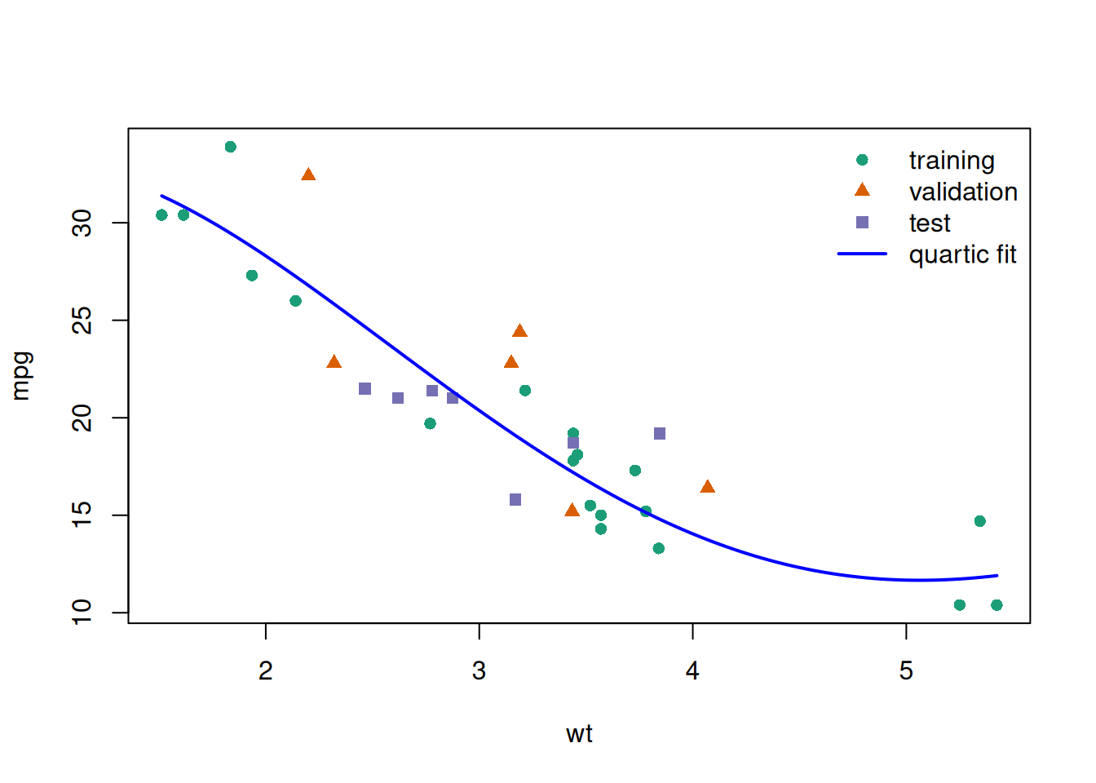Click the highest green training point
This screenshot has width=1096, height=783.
click(231, 147)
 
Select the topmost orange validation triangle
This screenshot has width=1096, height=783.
click(308, 175)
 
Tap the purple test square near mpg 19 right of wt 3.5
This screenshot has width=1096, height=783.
click(660, 433)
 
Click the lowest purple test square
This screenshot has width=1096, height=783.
click(515, 499)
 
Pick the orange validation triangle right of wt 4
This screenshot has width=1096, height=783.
click(707, 487)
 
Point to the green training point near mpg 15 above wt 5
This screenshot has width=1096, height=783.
click(979, 521)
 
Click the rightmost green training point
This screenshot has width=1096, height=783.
click(997, 605)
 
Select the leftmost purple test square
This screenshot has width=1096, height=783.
click(365, 389)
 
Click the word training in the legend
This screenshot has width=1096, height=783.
click(952, 161)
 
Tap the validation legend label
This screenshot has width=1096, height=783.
click(963, 192)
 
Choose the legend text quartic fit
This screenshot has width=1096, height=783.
click(962, 254)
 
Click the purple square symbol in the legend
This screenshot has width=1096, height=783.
click(862, 223)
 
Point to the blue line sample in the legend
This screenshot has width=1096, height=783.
click(862, 254)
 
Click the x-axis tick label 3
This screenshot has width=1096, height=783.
click(479, 670)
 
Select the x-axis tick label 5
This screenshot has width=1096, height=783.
click(906, 670)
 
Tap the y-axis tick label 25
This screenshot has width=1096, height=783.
click(82, 321)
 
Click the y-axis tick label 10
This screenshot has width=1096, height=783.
click(82, 613)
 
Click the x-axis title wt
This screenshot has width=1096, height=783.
click(579, 734)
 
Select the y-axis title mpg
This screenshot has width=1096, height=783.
click(22, 376)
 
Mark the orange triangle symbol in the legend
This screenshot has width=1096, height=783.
click(862, 190)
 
